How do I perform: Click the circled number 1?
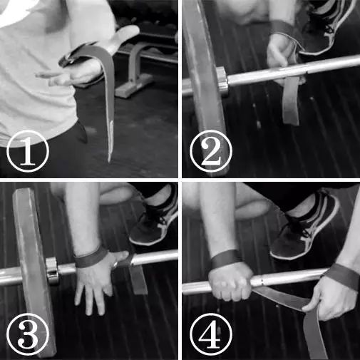[28, 150]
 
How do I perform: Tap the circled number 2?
[211, 150]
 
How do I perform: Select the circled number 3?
[28, 334]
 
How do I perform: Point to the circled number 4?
[211, 334]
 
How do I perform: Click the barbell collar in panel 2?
[222, 80]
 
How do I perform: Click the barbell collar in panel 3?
[52, 270]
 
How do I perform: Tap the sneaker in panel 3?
[155, 222]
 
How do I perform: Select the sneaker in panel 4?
[305, 228]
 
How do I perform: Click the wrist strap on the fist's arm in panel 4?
[225, 259]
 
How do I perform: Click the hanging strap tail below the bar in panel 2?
[290, 100]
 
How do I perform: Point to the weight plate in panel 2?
[205, 78]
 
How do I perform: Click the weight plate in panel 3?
[34, 271]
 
